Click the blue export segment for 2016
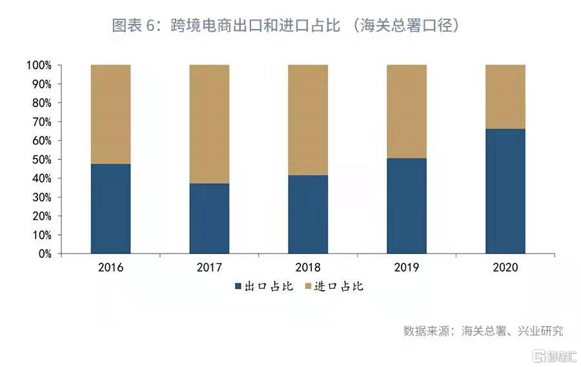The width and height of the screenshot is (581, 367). pos(110,208)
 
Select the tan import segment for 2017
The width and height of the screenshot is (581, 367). pos(209,124)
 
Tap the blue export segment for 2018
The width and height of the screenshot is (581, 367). pos(308,214)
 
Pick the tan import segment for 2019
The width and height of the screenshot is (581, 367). pos(407,111)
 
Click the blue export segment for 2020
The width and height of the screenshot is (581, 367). pos(505,191)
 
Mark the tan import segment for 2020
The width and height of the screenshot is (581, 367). pos(505,97)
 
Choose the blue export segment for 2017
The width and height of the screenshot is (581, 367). pos(209,218)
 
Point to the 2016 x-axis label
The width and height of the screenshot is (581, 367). pos(110,266)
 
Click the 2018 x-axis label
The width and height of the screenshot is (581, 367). pos(308,266)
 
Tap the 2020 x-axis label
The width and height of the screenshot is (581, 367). pos(505,266)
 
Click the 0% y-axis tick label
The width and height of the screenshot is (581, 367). pos(44,253)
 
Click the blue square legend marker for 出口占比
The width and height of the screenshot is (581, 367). pos(238,286)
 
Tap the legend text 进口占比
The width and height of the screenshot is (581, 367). pos(339,286)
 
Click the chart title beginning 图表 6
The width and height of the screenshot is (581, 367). pos(285,26)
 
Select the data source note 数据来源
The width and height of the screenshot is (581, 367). pos(483,331)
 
